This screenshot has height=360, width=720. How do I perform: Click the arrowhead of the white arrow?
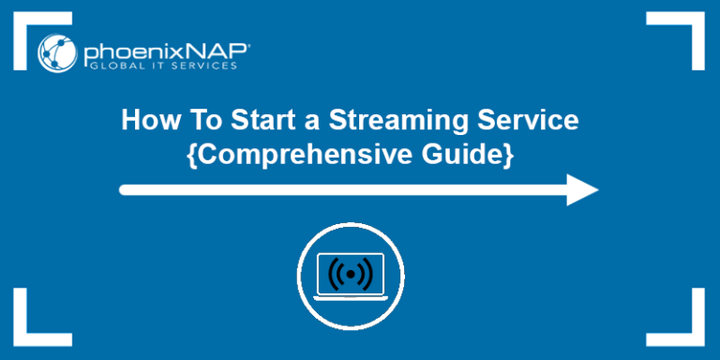coord(582,189)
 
